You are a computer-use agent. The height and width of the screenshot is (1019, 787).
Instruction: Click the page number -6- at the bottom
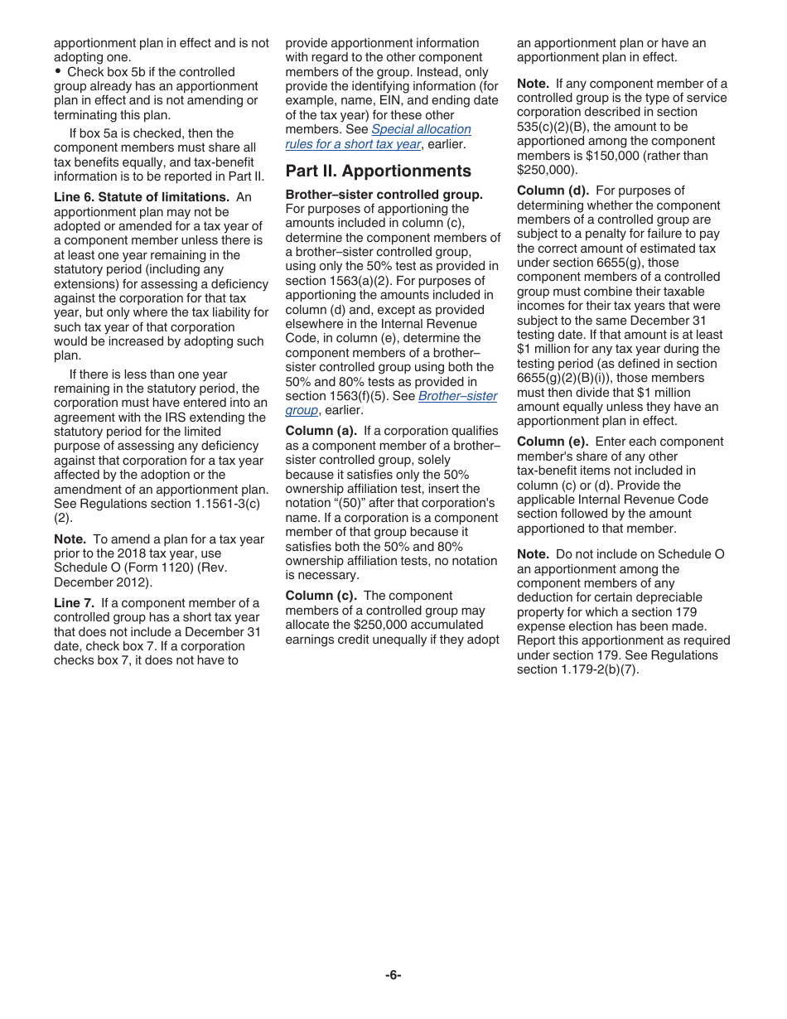[x=393, y=975]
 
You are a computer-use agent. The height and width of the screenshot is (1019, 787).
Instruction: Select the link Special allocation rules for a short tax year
[x=378, y=137]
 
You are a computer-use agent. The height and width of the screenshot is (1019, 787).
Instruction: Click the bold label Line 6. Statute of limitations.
[x=141, y=197]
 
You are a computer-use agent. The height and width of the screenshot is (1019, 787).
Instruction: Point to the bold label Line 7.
[x=74, y=603]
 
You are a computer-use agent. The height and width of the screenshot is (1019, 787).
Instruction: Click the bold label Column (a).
[x=321, y=431]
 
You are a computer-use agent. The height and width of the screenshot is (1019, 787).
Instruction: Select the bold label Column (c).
[x=321, y=596]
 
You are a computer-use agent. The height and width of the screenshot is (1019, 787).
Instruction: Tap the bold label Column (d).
[x=553, y=191]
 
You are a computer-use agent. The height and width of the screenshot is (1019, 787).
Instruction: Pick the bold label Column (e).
[x=553, y=442]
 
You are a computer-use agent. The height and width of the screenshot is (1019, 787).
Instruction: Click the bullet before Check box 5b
[x=58, y=71]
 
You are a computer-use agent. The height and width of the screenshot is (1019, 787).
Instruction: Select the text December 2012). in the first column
[x=103, y=582]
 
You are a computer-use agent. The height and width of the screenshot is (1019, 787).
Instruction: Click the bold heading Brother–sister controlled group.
[x=384, y=195]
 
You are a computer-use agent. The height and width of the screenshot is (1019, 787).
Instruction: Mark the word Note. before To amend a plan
[x=70, y=539]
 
